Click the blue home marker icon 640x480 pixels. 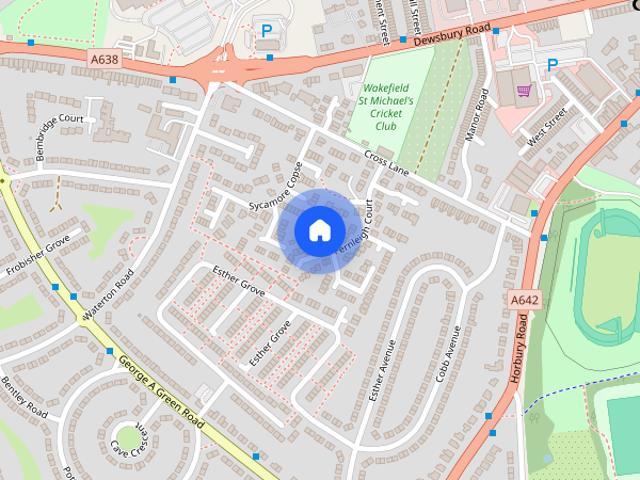pyautogui.click(x=318, y=230)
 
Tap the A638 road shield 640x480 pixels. pyautogui.click(x=103, y=60)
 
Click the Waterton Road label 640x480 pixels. pyautogui.click(x=109, y=293)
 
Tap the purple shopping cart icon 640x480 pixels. pyautogui.click(x=523, y=91)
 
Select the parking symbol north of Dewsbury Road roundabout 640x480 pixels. pyautogui.click(x=266, y=31)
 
